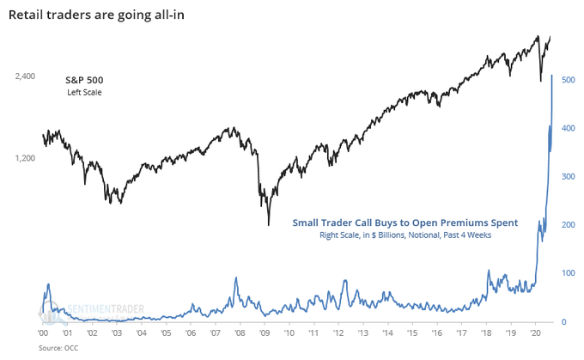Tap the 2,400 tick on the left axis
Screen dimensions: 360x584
[x=25, y=76]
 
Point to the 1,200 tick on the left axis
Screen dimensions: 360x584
[x=25, y=158]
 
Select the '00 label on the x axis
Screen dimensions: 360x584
[x=43, y=333]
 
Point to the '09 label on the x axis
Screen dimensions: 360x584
[x=266, y=333]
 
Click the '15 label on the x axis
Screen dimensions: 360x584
[x=415, y=333]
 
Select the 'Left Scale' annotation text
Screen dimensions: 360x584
[x=84, y=92]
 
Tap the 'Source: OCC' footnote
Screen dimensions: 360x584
[x=56, y=349]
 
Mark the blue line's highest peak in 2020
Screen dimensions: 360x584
[x=551, y=76]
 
